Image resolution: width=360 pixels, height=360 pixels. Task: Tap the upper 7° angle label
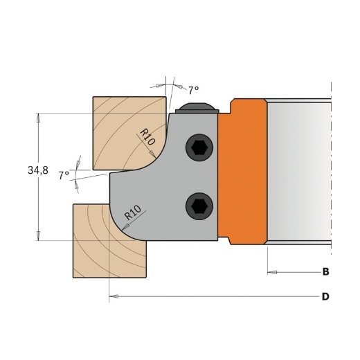(x=193, y=90)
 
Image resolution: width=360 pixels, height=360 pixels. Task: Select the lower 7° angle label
(x=64, y=176)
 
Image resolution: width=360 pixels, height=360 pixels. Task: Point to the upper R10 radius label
(x=147, y=136)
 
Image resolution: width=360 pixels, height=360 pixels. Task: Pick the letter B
(x=325, y=271)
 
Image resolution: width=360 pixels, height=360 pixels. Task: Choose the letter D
(x=325, y=297)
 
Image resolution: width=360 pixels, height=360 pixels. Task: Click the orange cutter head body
(x=242, y=173)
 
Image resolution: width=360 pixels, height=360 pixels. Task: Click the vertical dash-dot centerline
(x=332, y=173)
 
